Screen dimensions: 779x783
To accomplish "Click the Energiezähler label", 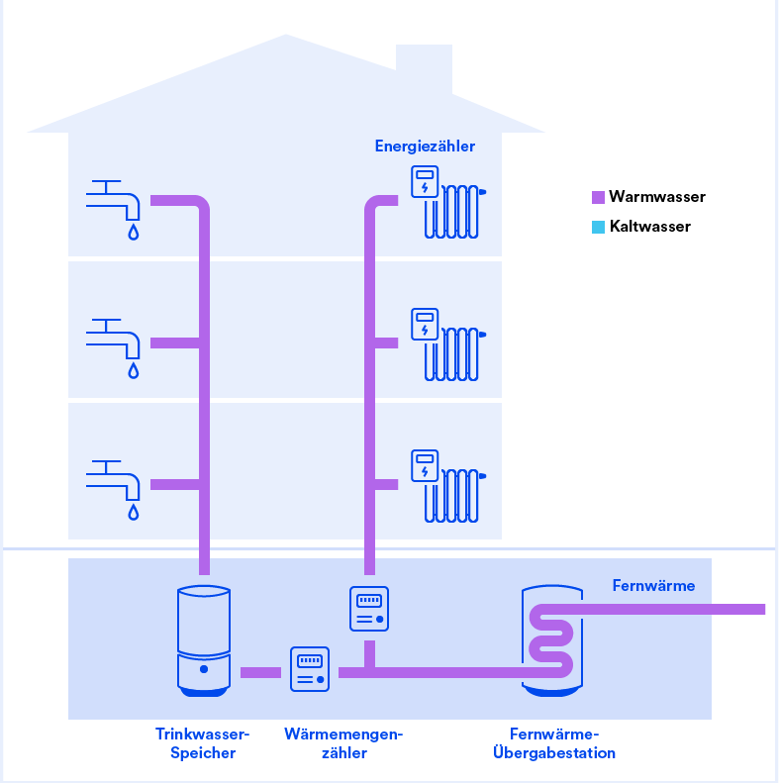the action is point(425,147).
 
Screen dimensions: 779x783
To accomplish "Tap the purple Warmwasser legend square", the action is point(598,197).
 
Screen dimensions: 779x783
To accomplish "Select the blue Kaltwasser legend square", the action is point(598,228).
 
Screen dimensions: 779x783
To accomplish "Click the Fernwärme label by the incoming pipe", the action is point(653,585).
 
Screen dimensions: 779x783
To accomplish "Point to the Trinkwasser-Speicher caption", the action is point(202,743).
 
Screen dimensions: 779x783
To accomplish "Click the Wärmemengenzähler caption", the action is point(343,743).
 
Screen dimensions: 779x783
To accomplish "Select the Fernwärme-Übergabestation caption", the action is point(553,743).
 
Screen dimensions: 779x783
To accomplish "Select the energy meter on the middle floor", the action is point(425,324).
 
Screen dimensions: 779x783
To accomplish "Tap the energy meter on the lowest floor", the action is point(425,466).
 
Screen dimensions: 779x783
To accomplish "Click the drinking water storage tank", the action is point(204,640).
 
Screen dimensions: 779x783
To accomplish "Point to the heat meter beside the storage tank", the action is point(310,669).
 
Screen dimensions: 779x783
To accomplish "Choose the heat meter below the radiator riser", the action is point(369,609).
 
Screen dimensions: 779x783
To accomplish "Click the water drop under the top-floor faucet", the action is point(134,233).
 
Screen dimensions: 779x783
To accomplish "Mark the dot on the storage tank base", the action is point(204,669).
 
